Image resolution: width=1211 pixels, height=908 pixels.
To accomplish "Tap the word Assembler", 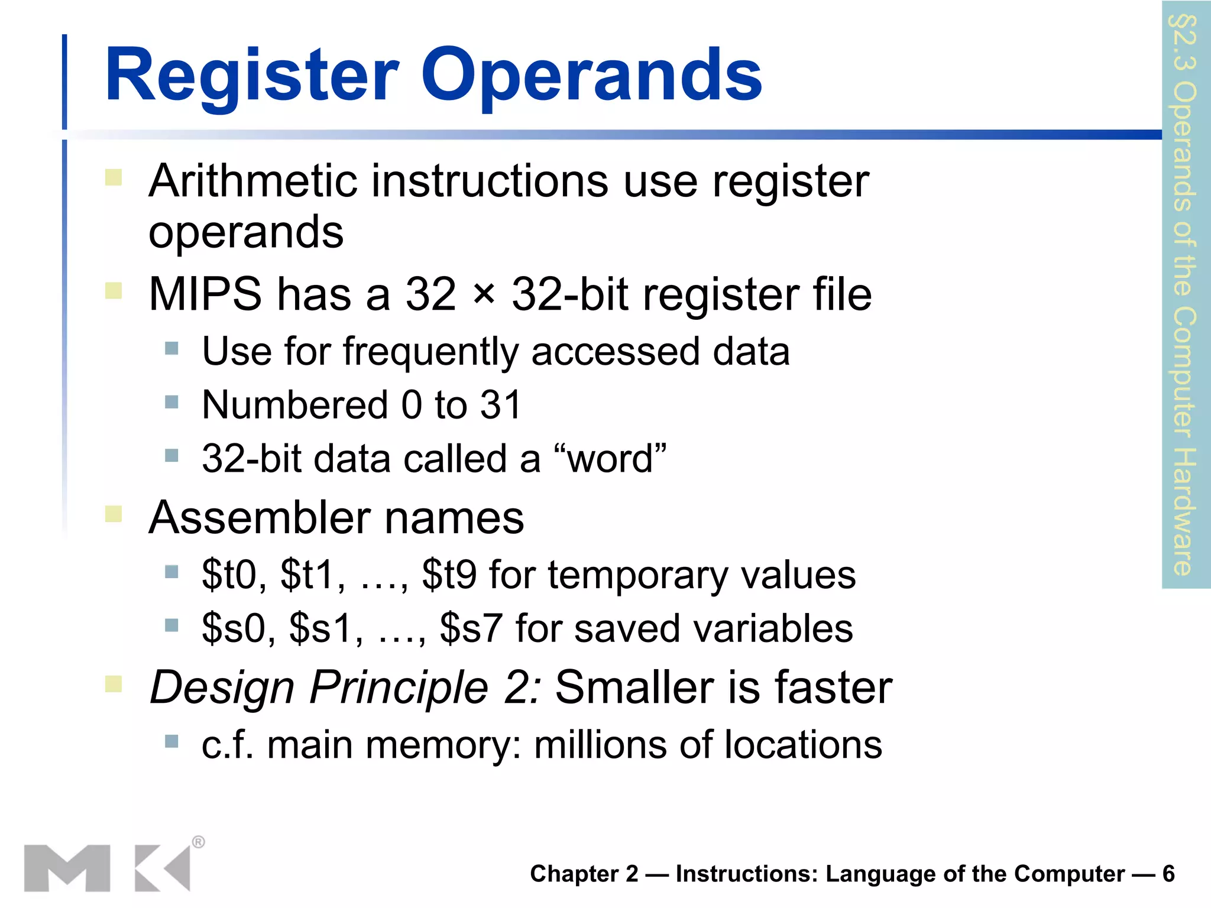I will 259,518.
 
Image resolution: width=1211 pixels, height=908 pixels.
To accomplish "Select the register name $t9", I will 449,575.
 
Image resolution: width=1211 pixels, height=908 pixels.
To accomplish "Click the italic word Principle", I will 399,688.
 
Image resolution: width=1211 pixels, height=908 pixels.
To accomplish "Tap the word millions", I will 600,745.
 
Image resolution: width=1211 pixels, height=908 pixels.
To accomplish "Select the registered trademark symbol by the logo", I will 199,842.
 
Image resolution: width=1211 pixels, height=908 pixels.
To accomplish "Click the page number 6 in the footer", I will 1168,874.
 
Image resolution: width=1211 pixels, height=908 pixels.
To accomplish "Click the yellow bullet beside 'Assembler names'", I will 114,514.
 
